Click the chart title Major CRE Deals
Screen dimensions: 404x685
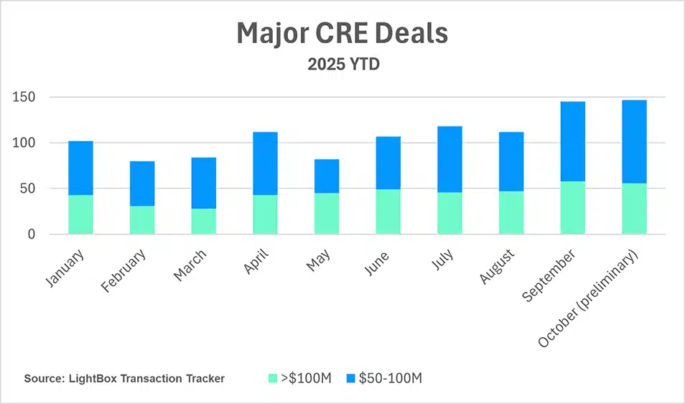pos(342,34)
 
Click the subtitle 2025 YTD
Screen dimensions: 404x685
pos(342,64)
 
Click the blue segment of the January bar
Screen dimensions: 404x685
pos(80,168)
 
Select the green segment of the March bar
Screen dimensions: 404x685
pos(203,221)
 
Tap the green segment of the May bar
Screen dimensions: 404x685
pos(327,214)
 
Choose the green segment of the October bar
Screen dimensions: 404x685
pos(634,208)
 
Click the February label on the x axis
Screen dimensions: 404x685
pos(125,270)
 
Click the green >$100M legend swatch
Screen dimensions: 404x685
pos(272,378)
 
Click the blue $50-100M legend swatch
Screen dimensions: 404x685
pos(350,378)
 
